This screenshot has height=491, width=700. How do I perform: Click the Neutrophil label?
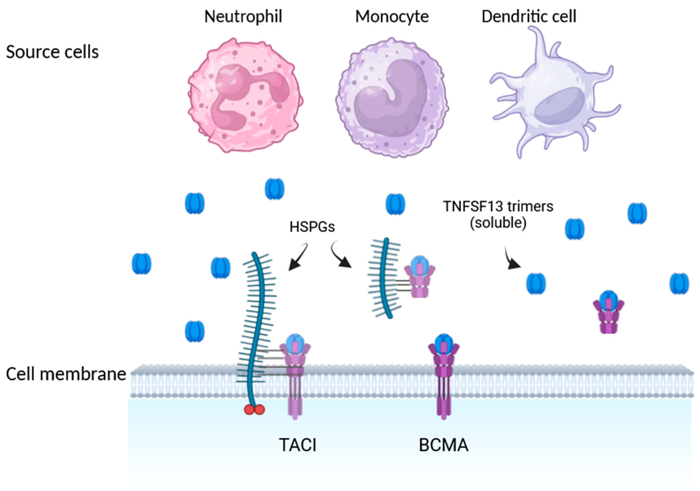(x=243, y=17)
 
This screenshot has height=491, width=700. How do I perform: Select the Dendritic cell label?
(x=529, y=17)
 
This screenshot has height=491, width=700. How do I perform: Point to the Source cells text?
(x=52, y=52)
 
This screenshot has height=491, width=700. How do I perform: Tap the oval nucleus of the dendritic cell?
(x=560, y=105)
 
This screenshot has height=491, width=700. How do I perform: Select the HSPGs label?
(x=312, y=227)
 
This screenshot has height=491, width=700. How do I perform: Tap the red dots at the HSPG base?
(x=254, y=410)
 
